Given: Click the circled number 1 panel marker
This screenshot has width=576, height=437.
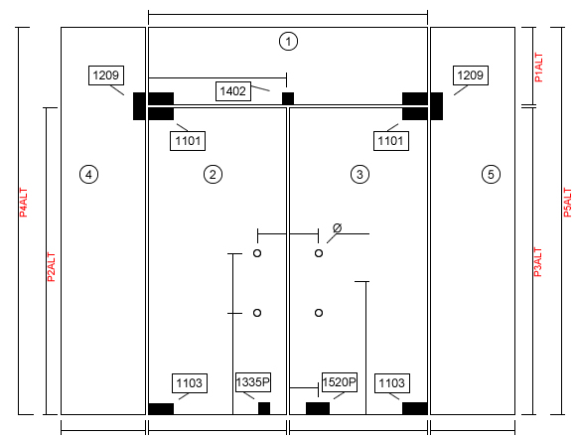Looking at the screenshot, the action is pyautogui.click(x=288, y=41).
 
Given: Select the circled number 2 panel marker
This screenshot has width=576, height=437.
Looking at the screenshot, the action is pyautogui.click(x=213, y=174).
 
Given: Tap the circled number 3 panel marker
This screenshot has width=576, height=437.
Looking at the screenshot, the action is pyautogui.click(x=360, y=174).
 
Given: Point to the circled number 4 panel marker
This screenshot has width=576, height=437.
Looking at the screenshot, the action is pyautogui.click(x=88, y=174).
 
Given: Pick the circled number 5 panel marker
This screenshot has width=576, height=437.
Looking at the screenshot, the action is pyautogui.click(x=491, y=174).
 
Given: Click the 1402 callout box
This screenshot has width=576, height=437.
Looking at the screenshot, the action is pyautogui.click(x=233, y=91).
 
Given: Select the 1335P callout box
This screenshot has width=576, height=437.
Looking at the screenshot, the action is pyautogui.click(x=253, y=382).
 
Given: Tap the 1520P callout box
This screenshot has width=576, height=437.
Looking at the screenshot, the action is pyautogui.click(x=340, y=382).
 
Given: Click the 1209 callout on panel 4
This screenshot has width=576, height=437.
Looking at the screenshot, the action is pyautogui.click(x=106, y=75).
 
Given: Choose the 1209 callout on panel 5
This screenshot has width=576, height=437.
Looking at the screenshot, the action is pyautogui.click(x=471, y=75).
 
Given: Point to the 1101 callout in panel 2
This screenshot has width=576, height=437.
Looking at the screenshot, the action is pyautogui.click(x=188, y=141).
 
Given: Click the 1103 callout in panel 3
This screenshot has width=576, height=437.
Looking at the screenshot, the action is pyautogui.click(x=392, y=383).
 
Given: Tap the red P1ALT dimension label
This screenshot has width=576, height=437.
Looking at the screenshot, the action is pyautogui.click(x=538, y=68).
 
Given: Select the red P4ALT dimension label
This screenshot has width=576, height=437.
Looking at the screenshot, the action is pyautogui.click(x=23, y=203).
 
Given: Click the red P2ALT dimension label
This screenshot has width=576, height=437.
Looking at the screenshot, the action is pyautogui.click(x=51, y=267).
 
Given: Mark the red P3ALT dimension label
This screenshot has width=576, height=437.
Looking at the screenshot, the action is pyautogui.click(x=537, y=262).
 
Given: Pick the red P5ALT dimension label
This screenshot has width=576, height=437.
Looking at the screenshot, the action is pyautogui.click(x=567, y=203).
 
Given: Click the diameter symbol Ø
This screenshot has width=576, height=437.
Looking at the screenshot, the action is pyautogui.click(x=338, y=228).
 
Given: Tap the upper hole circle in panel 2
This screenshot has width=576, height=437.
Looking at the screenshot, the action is pyautogui.click(x=257, y=253).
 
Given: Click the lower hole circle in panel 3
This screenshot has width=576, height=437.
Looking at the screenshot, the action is pyautogui.click(x=319, y=313).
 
